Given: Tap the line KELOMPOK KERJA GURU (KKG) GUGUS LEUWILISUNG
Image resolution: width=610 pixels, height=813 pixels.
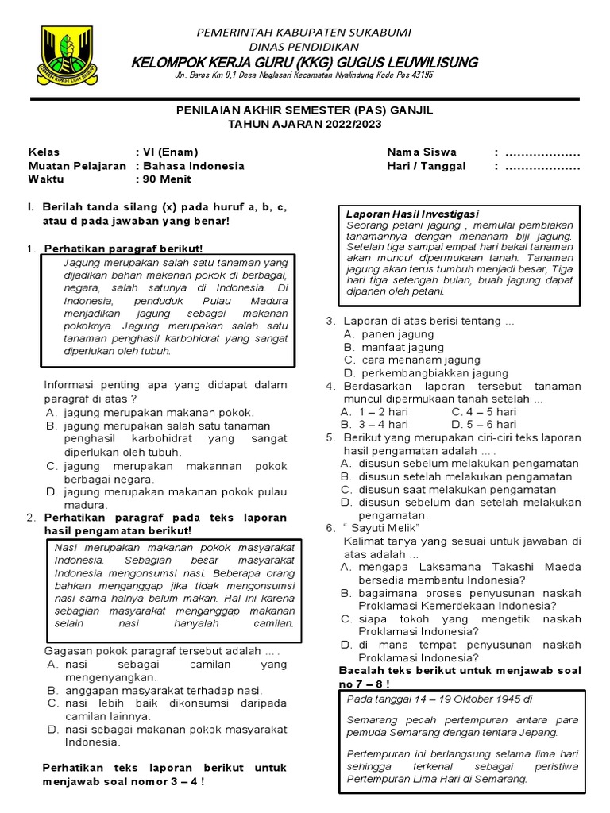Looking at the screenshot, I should tap(305, 62).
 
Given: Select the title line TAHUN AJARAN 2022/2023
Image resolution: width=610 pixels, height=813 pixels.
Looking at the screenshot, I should tap(304, 125).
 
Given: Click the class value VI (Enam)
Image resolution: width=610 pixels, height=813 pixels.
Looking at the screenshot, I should tap(170, 152).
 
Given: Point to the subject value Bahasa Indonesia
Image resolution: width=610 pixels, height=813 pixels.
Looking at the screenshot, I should tap(193, 166).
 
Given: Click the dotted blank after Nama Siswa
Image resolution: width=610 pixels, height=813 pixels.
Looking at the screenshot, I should tap(542, 152).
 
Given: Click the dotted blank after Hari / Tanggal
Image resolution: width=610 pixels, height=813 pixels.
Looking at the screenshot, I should tap(542, 166).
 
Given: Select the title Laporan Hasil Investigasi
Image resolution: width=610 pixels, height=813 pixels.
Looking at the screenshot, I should tap(412, 214).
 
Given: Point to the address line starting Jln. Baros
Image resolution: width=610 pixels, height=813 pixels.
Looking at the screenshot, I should tap(304, 75).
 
